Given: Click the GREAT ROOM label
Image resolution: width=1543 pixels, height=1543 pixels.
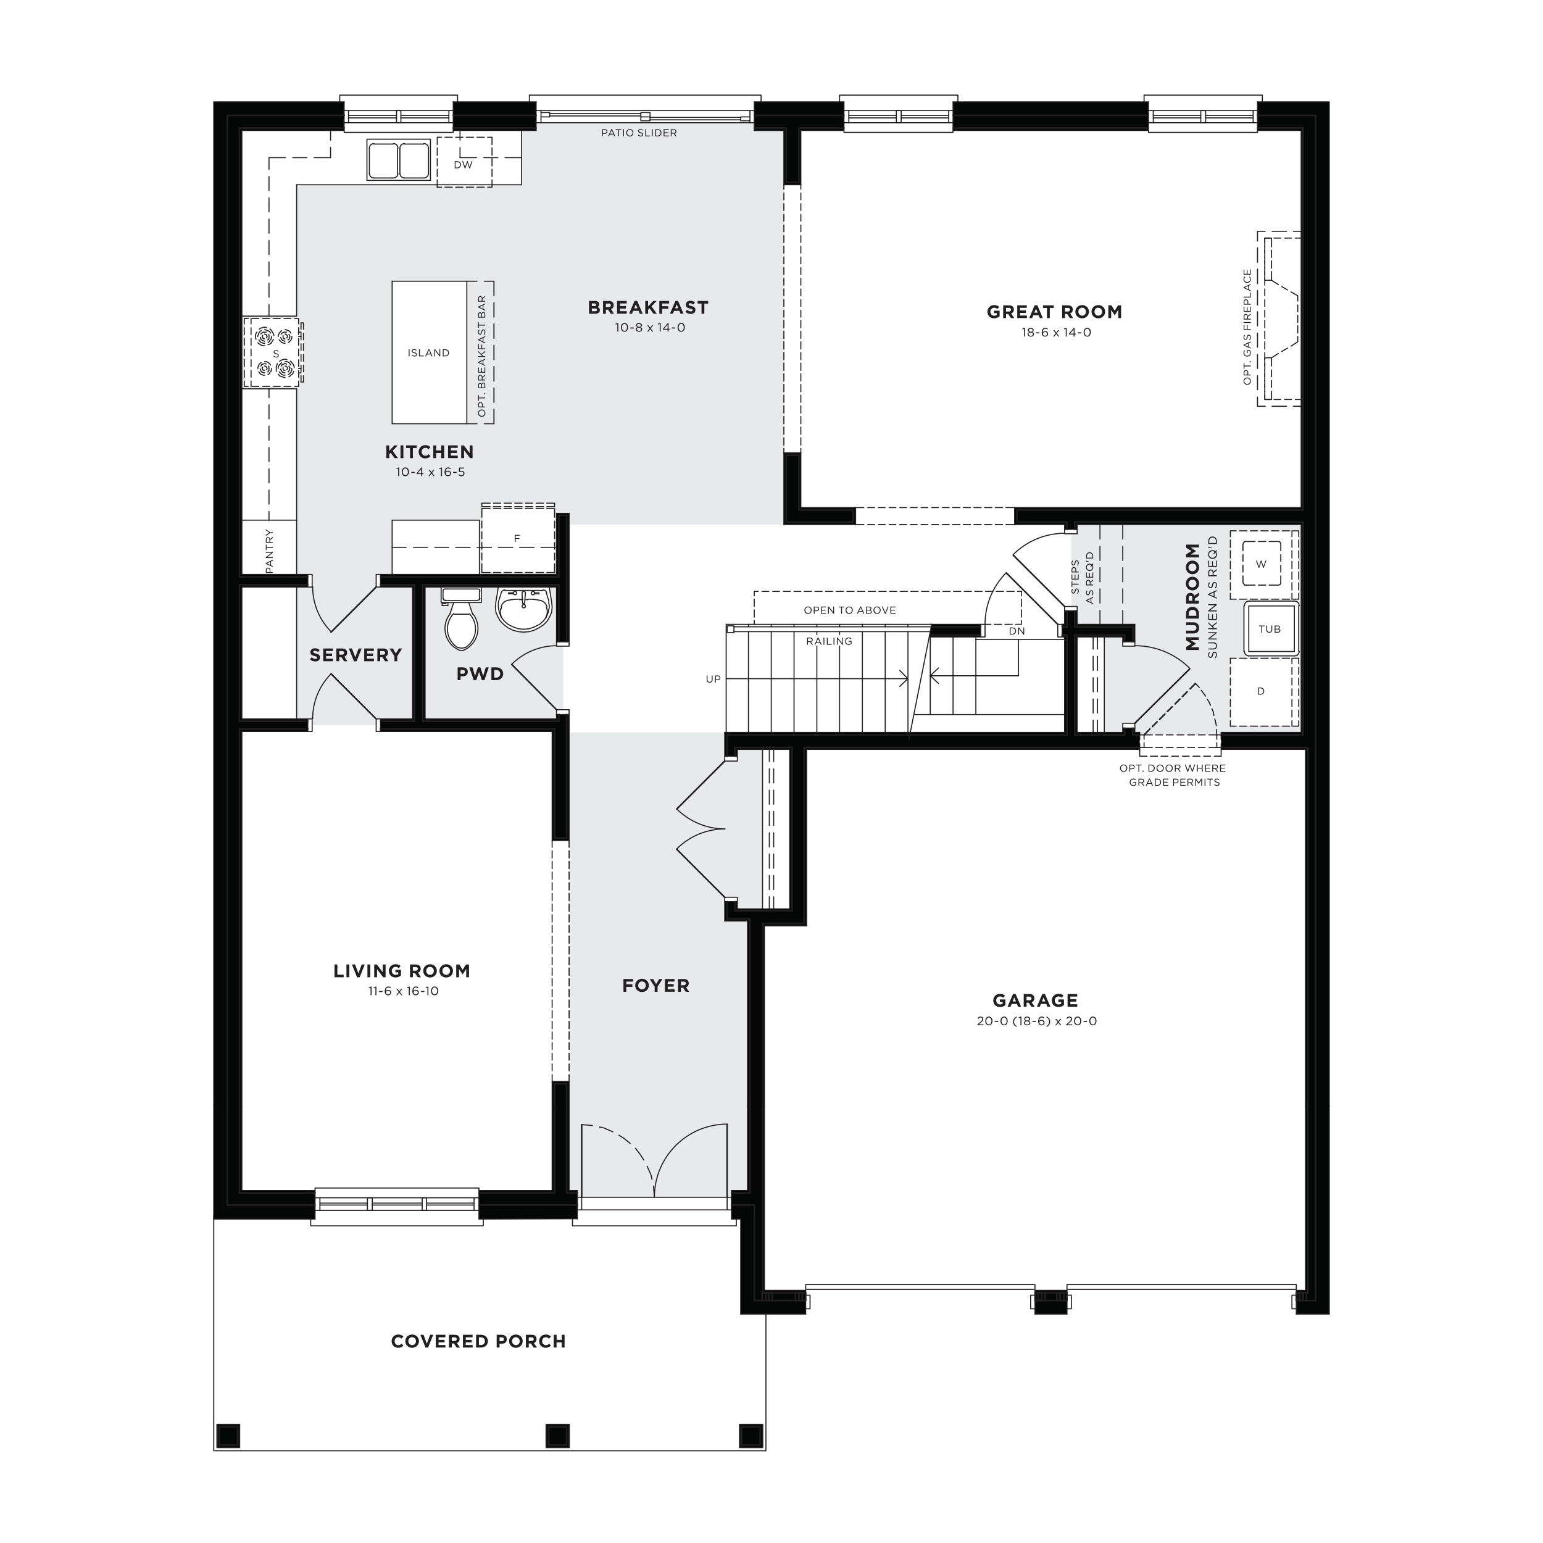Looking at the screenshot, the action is click(1054, 312).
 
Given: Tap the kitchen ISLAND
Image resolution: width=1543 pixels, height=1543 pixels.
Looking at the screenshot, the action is click(430, 352).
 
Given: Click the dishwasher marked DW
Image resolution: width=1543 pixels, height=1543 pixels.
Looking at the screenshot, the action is click(464, 162).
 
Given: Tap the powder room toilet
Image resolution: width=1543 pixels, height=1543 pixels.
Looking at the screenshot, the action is click(461, 618).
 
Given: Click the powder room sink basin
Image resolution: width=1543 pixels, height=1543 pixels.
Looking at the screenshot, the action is click(524, 609).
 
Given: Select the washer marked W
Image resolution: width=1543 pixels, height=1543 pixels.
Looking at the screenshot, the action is click(1262, 564).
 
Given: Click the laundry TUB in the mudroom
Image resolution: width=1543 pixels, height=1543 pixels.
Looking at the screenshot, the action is click(1270, 628).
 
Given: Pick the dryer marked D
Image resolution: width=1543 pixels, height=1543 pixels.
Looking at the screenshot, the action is click(1262, 692).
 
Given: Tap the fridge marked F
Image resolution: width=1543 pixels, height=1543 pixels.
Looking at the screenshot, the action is click(518, 538).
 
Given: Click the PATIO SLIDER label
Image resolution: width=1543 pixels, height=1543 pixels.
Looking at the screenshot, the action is click(639, 133).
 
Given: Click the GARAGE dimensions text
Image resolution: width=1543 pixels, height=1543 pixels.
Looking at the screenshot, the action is click(1037, 1021).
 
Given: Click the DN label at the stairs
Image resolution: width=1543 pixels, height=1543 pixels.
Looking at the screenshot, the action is click(1017, 631).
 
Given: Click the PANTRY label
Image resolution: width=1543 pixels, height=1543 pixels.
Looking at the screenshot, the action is click(269, 551).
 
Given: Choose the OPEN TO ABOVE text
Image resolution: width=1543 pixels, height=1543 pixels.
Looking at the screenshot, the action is click(850, 610).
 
